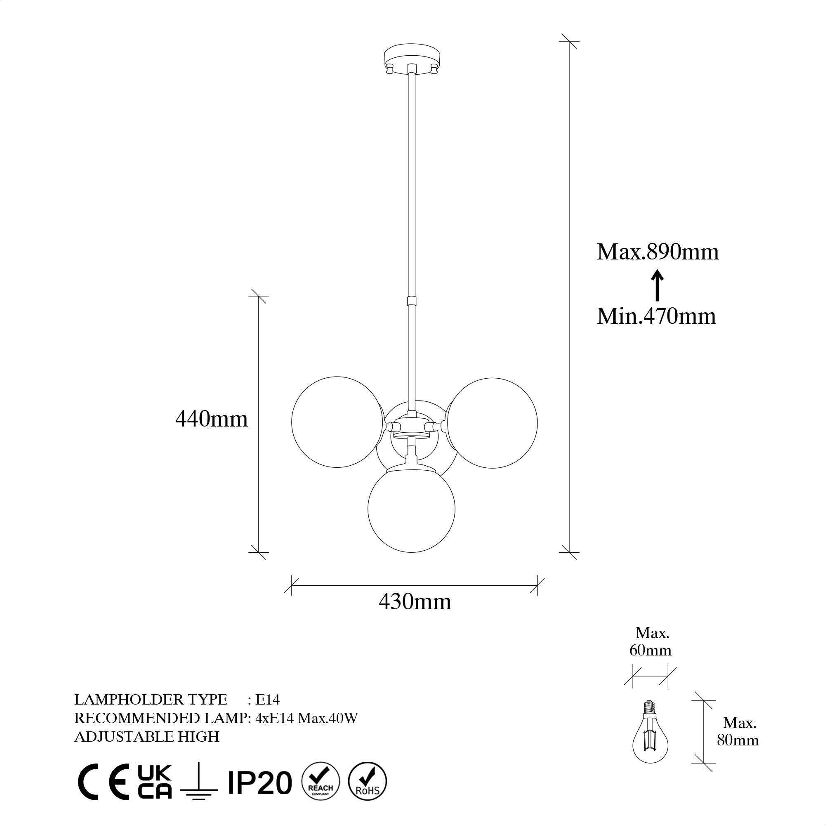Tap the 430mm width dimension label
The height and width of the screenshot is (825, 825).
click(415, 602)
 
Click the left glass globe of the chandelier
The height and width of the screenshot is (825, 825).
click(337, 422)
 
